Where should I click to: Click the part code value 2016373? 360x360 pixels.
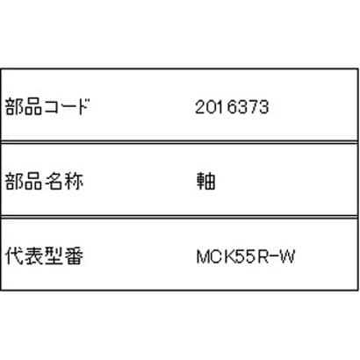[232, 107]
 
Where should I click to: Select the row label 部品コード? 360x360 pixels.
[47, 106]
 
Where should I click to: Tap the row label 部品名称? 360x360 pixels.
[44, 181]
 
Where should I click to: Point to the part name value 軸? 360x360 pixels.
[206, 181]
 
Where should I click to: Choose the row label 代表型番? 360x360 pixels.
[44, 256]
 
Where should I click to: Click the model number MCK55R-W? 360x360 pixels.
[246, 256]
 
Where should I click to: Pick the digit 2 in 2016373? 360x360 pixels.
[200, 107]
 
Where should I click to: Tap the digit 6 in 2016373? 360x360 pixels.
[233, 107]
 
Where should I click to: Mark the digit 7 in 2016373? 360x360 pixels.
[253, 107]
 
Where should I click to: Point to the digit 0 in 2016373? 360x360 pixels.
[212, 107]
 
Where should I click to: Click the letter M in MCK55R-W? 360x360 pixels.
[203, 256]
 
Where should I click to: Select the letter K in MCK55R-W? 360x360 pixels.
[231, 256]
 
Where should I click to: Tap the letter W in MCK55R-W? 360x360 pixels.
[287, 256]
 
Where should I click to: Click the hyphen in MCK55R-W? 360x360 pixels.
[275, 257]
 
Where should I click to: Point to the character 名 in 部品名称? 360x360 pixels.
[54, 181]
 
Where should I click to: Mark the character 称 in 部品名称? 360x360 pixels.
[74, 181]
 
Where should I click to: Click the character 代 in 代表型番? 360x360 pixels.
[14, 256]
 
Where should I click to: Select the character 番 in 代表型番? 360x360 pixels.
[74, 256]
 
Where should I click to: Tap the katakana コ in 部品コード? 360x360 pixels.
[53, 107]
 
